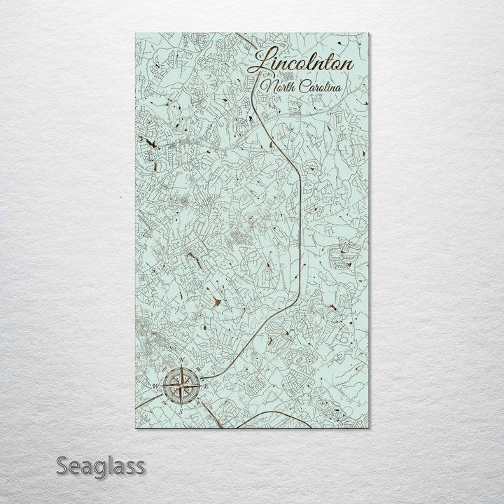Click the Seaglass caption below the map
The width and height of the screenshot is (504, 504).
tap(100, 465)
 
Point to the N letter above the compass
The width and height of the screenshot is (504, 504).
tap(182, 360)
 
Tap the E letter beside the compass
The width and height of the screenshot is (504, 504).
tap(207, 385)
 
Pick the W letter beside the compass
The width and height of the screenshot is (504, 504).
tap(155, 385)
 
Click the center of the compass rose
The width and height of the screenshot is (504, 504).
tap(181, 385)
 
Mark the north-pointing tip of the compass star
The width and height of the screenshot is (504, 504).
tap(181, 366)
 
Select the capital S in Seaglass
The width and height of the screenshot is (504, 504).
tap(62, 465)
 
